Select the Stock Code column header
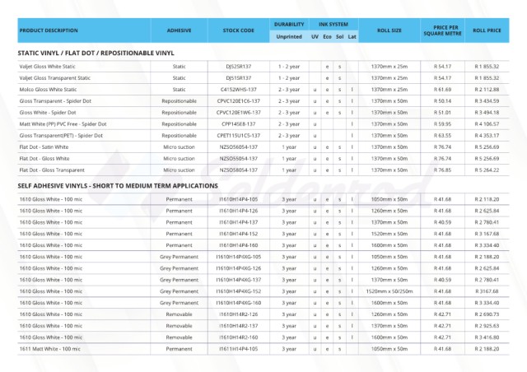click(238, 30)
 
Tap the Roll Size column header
click(389, 30)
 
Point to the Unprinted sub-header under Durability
click(289, 36)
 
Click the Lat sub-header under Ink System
click(352, 36)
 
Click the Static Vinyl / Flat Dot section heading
click(96, 53)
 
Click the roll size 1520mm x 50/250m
click(389, 291)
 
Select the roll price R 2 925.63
click(487, 326)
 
